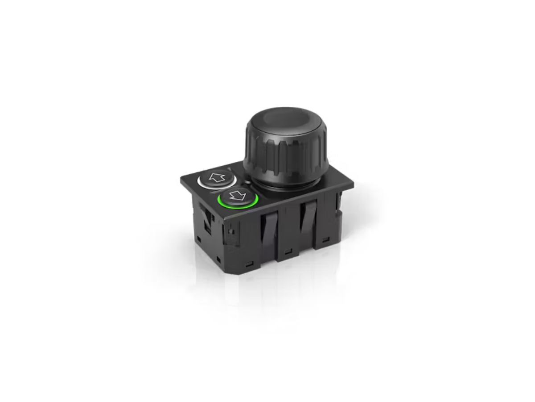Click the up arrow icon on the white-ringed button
[x=216, y=177]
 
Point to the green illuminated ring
[x=238, y=206]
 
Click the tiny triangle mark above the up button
[x=229, y=168]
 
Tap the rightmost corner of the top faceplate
[x=353, y=184]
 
